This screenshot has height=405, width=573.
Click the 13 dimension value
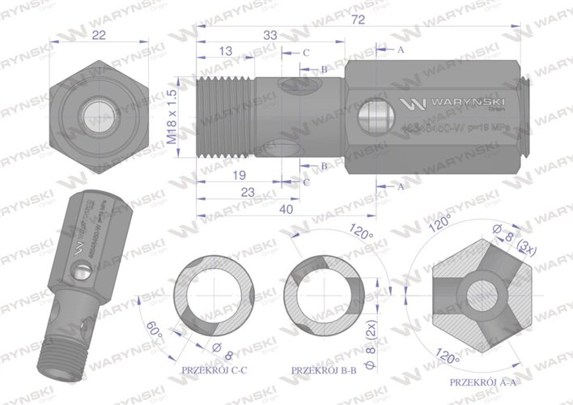coord(226,52)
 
